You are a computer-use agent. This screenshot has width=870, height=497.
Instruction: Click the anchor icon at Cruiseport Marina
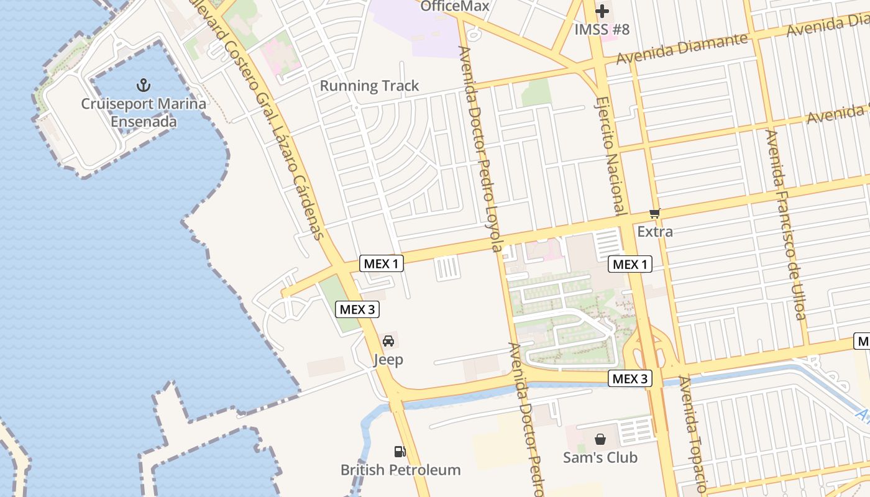coord(144,84)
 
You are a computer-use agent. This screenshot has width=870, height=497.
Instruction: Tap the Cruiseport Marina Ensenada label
coord(144,112)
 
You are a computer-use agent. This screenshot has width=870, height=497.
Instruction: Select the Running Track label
coord(369,86)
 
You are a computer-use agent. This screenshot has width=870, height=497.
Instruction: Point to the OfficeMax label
coord(455,6)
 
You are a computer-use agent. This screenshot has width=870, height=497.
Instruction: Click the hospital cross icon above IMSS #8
coord(602,11)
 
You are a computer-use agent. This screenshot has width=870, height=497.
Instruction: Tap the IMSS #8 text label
coord(602,29)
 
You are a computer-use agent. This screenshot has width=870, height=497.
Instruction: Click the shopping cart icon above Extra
coord(654,214)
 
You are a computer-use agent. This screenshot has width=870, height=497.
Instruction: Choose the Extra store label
coord(655,232)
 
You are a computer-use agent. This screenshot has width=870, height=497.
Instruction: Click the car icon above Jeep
coord(388,341)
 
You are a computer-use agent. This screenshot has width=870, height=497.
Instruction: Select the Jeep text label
coord(388,360)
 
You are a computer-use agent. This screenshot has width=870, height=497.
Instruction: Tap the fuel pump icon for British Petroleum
coord(400,452)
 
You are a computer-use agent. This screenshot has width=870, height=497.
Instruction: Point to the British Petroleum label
coord(400,470)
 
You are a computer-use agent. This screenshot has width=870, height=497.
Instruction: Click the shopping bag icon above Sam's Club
coord(600,439)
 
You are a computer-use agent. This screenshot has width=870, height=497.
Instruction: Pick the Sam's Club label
coord(600,458)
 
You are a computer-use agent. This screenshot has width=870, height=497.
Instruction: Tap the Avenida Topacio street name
coord(692,435)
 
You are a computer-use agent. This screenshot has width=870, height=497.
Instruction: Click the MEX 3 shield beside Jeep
coord(357,309)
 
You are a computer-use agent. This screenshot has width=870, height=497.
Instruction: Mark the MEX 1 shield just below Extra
coord(630,264)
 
